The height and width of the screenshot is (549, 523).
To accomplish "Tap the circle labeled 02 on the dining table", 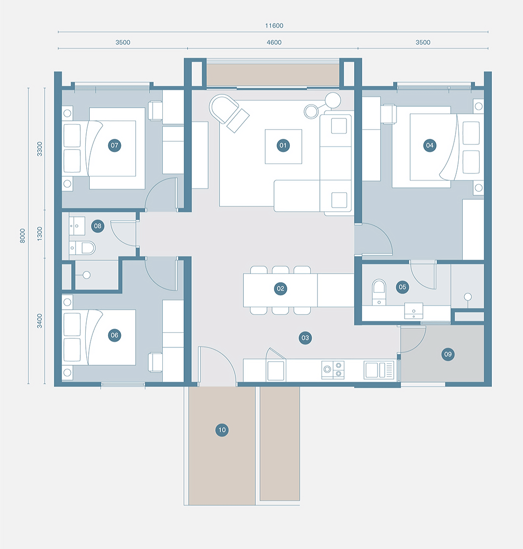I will coord(280,289).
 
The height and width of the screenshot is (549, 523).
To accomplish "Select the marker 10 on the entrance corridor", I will coord(222,430).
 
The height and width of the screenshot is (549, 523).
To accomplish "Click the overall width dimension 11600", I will coord(274,26).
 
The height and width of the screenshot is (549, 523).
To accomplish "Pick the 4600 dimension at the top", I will coord(274,42).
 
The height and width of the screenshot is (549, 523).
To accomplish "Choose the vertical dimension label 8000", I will coord(22,235).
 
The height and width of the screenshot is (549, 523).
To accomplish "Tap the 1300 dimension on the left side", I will coord(40,234).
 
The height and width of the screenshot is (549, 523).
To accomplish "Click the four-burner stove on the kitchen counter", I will coord(333,369).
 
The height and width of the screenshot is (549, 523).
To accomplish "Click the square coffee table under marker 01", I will coord(283,146).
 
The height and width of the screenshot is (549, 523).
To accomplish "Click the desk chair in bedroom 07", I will coord(155,110).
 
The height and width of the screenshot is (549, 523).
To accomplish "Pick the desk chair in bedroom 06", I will coord(155,362).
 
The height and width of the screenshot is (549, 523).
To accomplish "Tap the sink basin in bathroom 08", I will coord(80,224).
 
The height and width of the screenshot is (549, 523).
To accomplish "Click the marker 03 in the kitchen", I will coord(305,337).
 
